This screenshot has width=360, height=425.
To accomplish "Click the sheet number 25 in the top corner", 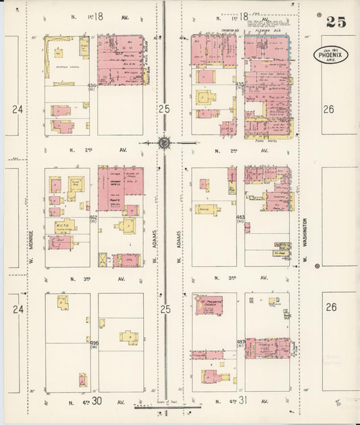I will pos(336,21).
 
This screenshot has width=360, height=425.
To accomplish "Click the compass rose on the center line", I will pos(164,143).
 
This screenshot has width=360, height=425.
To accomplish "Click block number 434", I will pos(92,86).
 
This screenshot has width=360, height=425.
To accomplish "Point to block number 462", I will pos(93,218).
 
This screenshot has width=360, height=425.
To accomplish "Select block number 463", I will pos(240,218).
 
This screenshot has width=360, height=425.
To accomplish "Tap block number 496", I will pos(94,343).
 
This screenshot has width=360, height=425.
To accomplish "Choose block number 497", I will pos(240,343).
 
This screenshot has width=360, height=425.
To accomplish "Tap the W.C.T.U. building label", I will pos(65,226).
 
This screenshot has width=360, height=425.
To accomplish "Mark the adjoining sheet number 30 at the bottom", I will pos(97,401).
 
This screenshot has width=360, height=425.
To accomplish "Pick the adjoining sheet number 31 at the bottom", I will pos(244,401).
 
